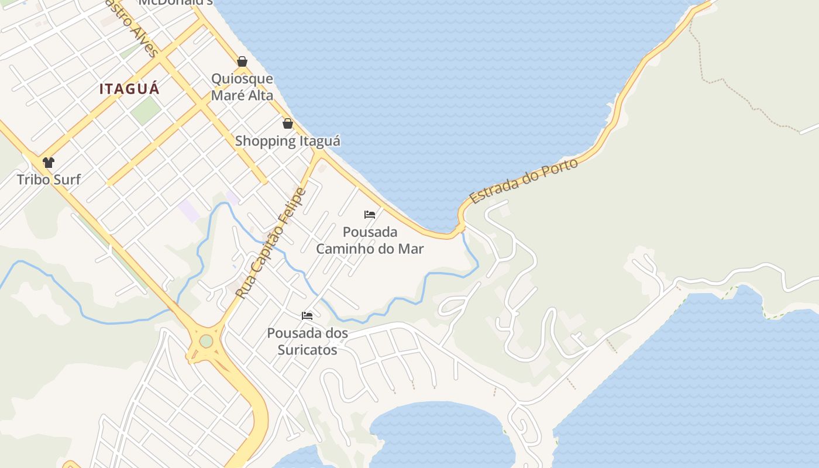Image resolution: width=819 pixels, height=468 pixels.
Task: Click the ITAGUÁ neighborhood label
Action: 129,89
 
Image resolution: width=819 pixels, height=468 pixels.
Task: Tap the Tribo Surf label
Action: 49,179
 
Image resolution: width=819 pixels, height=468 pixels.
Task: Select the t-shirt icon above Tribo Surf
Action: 49,162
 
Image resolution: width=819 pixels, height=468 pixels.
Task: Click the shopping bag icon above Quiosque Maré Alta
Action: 242,61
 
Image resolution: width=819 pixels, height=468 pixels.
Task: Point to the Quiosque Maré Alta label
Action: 242,87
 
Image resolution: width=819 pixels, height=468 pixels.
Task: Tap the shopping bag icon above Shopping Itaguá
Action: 288,123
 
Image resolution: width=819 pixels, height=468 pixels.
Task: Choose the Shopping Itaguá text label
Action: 288,141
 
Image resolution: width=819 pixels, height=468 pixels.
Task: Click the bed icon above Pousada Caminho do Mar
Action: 370,215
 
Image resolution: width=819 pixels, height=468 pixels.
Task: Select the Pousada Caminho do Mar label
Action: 370,240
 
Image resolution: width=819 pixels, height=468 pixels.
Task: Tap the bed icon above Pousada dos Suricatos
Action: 307,316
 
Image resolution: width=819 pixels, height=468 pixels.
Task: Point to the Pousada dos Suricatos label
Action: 307,342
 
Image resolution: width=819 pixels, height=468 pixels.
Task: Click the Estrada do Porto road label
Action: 524,181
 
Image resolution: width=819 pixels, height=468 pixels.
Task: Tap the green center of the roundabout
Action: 206,341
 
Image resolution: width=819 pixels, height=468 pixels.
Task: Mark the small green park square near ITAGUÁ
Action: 146,111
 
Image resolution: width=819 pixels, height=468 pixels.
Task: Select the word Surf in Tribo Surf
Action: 67,179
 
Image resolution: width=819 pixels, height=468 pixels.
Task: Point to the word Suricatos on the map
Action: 307,350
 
